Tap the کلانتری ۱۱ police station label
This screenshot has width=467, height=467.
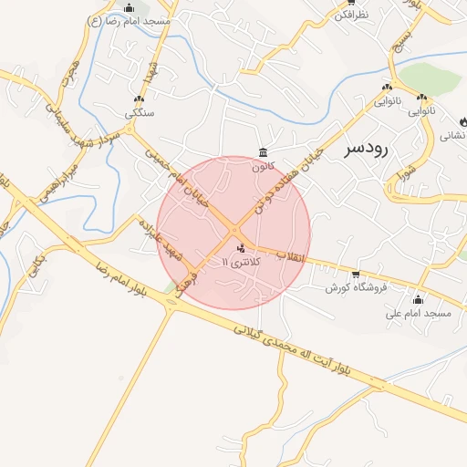point(241,262)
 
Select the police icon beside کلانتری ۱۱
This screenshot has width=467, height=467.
point(241,248)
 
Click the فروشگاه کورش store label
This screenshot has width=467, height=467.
point(357,287)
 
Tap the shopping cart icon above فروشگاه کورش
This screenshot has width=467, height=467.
point(356,274)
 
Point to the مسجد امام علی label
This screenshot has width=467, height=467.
point(419,313)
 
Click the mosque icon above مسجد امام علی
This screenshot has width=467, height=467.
point(419,299)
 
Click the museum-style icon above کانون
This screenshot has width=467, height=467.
point(263,152)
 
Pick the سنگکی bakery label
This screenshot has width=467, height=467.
point(140,113)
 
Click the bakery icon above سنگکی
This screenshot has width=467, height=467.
point(139,99)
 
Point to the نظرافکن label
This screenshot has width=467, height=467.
point(351,15)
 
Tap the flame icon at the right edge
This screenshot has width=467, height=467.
point(462,121)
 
